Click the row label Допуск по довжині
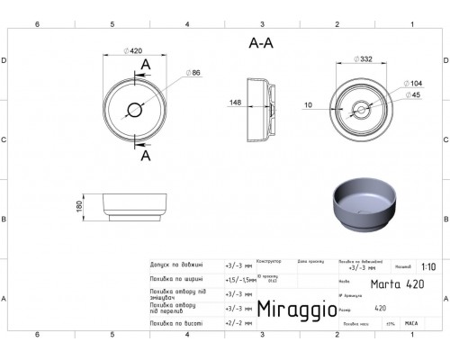pos(175,265)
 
